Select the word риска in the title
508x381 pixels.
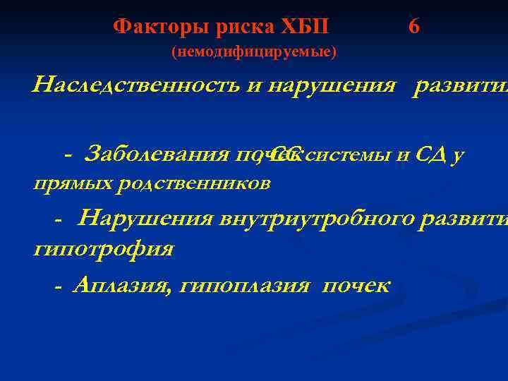[233, 27]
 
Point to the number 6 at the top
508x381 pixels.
[414, 27]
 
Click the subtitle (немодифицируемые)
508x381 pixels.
[254, 52]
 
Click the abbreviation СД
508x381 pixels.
[431, 155]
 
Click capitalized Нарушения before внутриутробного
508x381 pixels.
[145, 219]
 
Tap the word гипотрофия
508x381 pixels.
[103, 249]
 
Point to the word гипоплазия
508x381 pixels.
[246, 285]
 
